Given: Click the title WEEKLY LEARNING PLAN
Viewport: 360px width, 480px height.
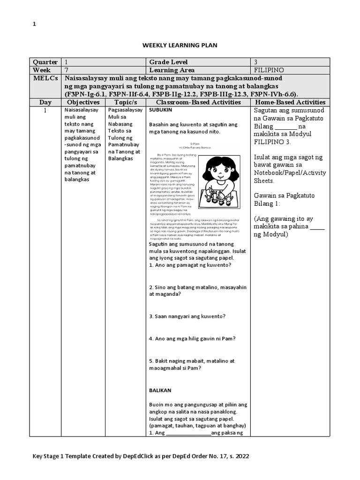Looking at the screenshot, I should pyautogui.click(x=180, y=45).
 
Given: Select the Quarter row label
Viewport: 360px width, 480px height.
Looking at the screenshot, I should pyautogui.click(x=45, y=62).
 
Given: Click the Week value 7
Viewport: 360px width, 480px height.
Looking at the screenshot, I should pyautogui.click(x=67, y=70).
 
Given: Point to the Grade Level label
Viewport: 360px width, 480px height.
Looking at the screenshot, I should pyautogui.click(x=168, y=62).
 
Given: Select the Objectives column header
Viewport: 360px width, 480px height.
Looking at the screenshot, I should pyautogui.click(x=83, y=102).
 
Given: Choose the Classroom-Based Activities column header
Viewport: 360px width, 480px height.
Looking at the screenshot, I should pyautogui.click(x=198, y=102).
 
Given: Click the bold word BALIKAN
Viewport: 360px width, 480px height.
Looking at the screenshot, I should pyautogui.click(x=160, y=390).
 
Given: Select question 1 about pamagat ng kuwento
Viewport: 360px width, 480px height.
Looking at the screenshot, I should pyautogui.click(x=190, y=265).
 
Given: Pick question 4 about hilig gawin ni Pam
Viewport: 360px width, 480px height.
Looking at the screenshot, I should pyautogui.click(x=192, y=338).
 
